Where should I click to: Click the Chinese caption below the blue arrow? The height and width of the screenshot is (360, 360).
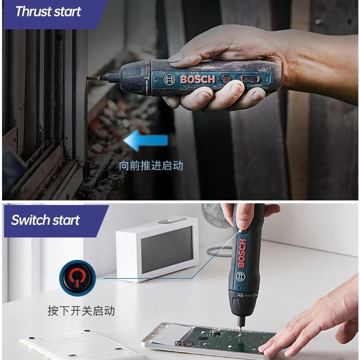151,165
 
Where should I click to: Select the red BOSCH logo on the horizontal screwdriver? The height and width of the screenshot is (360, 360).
197,79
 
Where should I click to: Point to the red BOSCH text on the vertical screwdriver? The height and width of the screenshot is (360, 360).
242,253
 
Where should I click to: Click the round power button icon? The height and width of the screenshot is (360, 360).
77,276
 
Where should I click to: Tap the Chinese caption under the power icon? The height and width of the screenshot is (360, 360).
81,311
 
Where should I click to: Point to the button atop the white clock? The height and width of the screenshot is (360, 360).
172,220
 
